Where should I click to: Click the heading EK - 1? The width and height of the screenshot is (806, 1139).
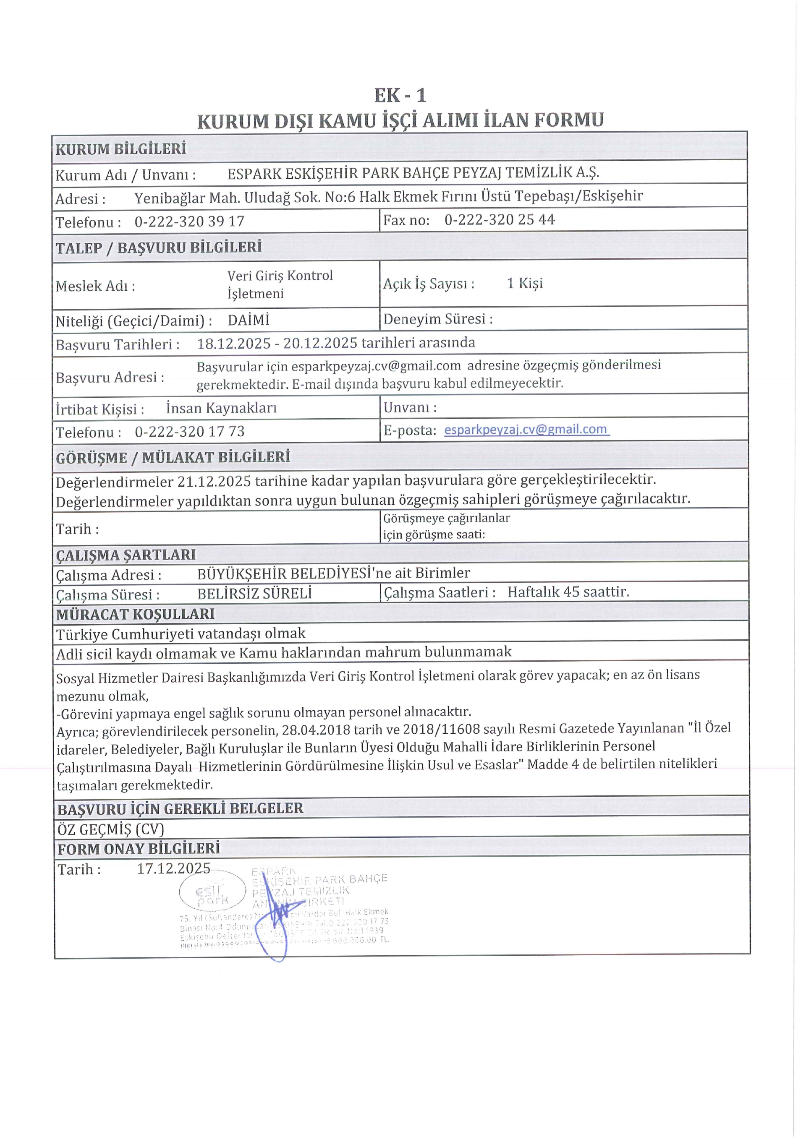(x=400, y=95)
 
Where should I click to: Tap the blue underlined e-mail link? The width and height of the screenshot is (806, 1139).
(x=526, y=429)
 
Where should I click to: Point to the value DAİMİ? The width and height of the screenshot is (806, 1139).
(x=248, y=320)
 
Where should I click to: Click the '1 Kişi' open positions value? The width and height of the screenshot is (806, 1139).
(x=525, y=283)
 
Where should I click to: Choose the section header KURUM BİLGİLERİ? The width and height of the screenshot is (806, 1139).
(x=120, y=149)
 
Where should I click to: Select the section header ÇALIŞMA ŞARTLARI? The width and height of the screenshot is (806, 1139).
(x=126, y=555)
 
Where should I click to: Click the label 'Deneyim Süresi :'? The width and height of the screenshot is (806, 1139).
(x=438, y=319)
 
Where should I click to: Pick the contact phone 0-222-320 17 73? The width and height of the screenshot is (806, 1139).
(x=190, y=432)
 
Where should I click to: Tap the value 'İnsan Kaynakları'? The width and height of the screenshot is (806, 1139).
(x=221, y=408)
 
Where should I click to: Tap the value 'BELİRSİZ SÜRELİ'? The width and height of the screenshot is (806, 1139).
(x=255, y=593)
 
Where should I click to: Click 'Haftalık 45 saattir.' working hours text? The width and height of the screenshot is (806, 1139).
(x=568, y=592)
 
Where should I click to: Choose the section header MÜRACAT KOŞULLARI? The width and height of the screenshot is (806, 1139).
(x=135, y=614)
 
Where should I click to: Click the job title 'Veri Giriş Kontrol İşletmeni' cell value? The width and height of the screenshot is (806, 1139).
(x=280, y=284)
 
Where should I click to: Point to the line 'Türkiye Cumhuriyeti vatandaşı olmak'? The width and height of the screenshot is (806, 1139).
(x=181, y=634)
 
